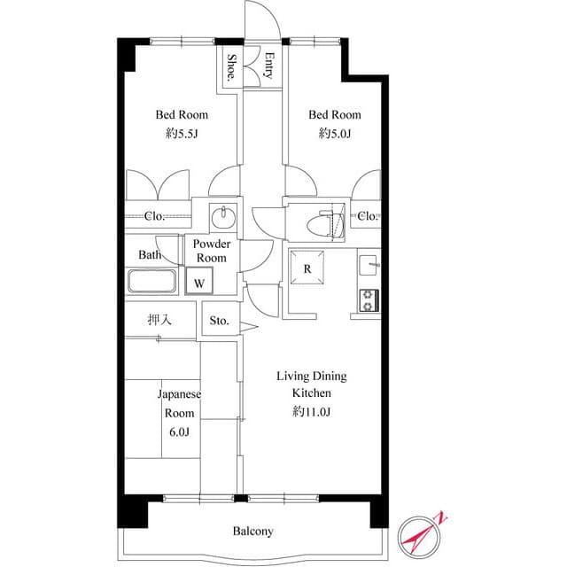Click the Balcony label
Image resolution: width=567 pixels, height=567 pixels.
pyautogui.click(x=253, y=532)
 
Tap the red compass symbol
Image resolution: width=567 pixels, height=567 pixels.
pyautogui.click(x=422, y=533)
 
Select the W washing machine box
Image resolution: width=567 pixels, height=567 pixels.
pyautogui.click(x=200, y=283)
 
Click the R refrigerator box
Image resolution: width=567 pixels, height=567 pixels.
pyautogui.click(x=307, y=269)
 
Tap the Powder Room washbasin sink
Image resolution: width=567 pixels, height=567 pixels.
pyautogui.click(x=222, y=216)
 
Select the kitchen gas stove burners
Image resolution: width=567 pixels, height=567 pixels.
pyautogui.click(x=368, y=299)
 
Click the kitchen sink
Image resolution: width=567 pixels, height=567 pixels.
pyautogui.click(x=369, y=264)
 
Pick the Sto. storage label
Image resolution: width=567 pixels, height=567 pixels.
pyautogui.click(x=219, y=321)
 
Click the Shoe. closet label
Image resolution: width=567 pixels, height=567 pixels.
pyautogui.click(x=231, y=67)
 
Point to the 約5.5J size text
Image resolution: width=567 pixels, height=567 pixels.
pyautogui.click(x=182, y=134)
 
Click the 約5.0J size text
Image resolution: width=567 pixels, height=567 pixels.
pyautogui.click(x=335, y=134)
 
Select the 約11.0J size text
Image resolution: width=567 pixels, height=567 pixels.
pyautogui.click(x=312, y=411)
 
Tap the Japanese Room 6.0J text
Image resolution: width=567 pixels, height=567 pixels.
pyautogui.click(x=178, y=413)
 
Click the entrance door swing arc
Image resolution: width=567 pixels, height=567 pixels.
pyautogui.click(x=263, y=19)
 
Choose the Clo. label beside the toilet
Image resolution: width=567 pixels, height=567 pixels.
pyautogui.click(x=367, y=216)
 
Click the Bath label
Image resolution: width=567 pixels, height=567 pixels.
pyautogui.click(x=149, y=255)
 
